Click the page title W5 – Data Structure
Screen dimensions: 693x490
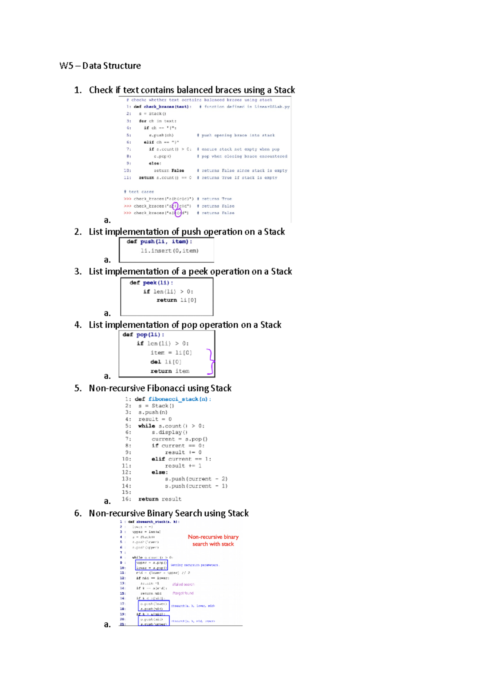pyautogui.click(x=100, y=66)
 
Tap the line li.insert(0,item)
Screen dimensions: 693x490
pyautogui.click(x=169, y=251)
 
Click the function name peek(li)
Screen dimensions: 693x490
pyautogui.click(x=158, y=282)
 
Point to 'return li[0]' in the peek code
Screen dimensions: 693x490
pyautogui.click(x=176, y=300)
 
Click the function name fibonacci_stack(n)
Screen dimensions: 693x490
pyautogui.click(x=179, y=399)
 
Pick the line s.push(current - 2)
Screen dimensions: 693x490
pyautogui.click(x=196, y=479)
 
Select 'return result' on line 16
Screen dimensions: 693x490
pyautogui.click(x=160, y=499)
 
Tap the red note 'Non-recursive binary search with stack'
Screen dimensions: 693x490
pyautogui.click(x=213, y=540)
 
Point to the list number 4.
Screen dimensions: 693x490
pyautogui.click(x=78, y=325)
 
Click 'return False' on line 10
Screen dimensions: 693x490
pyautogui.click(x=169, y=171)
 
